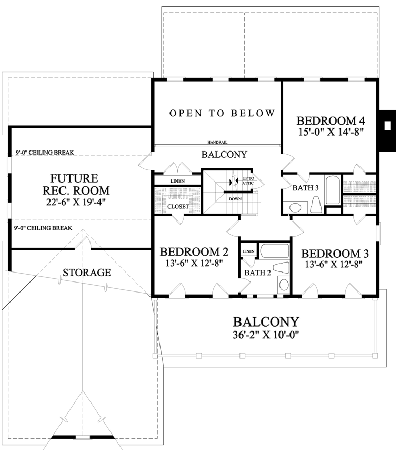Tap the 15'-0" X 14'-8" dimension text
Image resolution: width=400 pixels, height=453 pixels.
tap(331, 132)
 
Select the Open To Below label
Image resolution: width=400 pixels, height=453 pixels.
tap(222, 113)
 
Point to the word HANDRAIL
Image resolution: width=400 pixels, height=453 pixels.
tap(217, 142)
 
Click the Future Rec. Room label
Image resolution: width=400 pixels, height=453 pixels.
tap(76, 184)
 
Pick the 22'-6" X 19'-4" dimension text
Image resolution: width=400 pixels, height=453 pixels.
tap(76, 202)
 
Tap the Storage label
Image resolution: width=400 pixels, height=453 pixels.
tap(87, 273)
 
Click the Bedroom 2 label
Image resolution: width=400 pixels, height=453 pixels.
tap(194, 251)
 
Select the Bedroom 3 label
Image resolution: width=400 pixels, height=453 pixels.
tap(335, 254)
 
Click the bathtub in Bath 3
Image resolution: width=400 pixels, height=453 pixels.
tap(333, 190)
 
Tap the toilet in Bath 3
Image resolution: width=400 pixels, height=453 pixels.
tap(316, 205)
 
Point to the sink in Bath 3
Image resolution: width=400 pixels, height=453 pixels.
tap(295, 207)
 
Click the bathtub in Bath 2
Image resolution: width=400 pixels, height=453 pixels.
tap(275, 250)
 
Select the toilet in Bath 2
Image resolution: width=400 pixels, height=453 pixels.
tap(281, 267)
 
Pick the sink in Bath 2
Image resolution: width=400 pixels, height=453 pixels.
tap(284, 285)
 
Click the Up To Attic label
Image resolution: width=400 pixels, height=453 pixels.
tap(248, 180)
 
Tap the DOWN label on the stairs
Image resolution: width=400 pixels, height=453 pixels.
tap(235, 199)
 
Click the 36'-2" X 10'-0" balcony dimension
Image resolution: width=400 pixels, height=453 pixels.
tap(266, 335)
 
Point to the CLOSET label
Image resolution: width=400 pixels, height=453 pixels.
tap(178, 207)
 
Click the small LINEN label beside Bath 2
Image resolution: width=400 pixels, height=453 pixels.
tap(248, 251)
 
